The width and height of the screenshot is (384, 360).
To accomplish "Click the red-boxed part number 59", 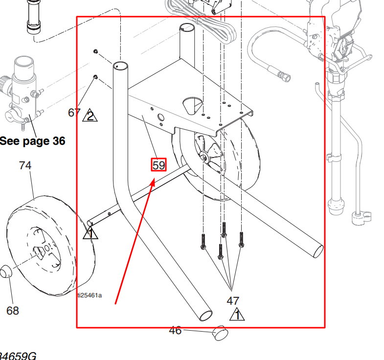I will pyautogui.click(x=158, y=165).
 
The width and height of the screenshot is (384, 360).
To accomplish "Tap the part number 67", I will pyautogui.click(x=74, y=112).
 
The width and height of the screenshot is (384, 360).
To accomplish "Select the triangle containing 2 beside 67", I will pyautogui.click(x=90, y=116).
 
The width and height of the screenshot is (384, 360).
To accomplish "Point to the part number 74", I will pyautogui.click(x=25, y=166).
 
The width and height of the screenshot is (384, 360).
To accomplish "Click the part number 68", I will pyautogui.click(x=12, y=310).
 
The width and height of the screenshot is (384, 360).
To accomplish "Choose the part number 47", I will pyautogui.click(x=233, y=300).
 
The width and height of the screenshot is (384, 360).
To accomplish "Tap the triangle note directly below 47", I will pyautogui.click(x=237, y=315).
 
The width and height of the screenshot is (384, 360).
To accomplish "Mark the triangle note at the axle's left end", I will pyautogui.click(x=90, y=234).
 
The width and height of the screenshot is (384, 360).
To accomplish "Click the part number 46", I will pyautogui.click(x=175, y=331).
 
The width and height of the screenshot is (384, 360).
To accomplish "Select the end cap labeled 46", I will pyautogui.click(x=220, y=334).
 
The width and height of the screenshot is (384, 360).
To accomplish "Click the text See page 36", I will pyautogui.click(x=32, y=141).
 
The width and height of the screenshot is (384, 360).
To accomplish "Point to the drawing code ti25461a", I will pyautogui.click(x=90, y=295).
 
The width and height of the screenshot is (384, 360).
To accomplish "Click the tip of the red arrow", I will pyautogui.click(x=155, y=180).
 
